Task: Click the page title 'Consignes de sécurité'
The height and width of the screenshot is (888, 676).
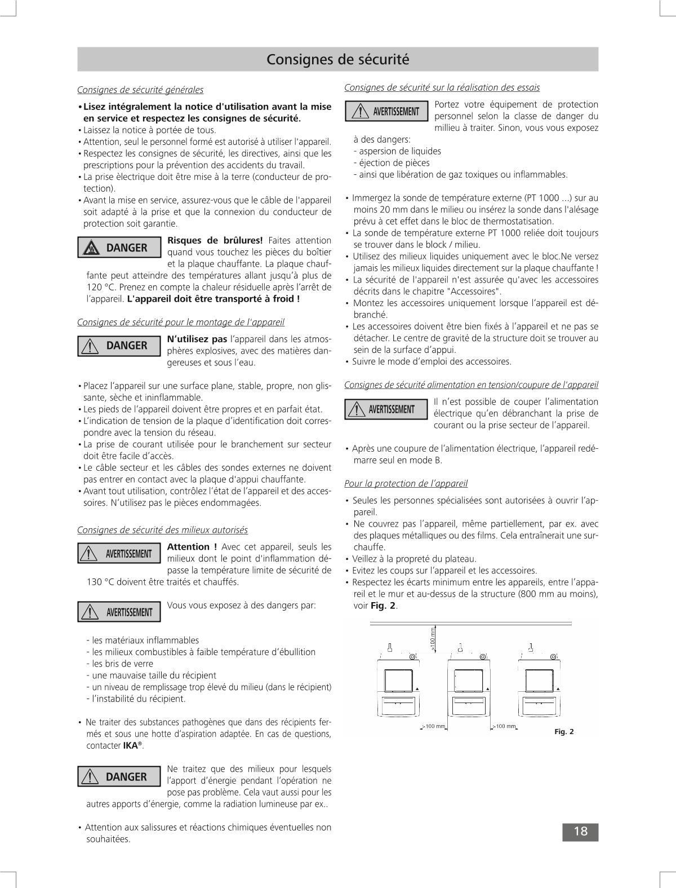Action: pyautogui.click(x=337, y=59)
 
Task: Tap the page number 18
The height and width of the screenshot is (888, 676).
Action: pyautogui.click(x=580, y=832)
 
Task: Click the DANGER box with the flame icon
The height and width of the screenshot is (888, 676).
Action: pyautogui.click(x=119, y=248)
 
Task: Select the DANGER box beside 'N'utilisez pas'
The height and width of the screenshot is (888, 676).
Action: pyautogui.click(x=119, y=346)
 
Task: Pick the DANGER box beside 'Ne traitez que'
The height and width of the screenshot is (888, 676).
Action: pyautogui.click(x=119, y=777)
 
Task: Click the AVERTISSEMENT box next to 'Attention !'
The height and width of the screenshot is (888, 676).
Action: pyautogui.click(x=119, y=554)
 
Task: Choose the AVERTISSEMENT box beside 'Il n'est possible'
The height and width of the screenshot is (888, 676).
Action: pyautogui.click(x=386, y=409)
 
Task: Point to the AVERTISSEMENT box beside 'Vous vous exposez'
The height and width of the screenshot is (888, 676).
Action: pyautogui.click(x=119, y=612)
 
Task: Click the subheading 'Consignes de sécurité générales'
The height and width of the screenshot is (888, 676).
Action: pyautogui.click(x=140, y=90)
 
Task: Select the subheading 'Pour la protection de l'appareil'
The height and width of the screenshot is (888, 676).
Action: pyautogui.click(x=406, y=483)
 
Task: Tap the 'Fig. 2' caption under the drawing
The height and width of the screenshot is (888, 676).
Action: pyautogui.click(x=563, y=732)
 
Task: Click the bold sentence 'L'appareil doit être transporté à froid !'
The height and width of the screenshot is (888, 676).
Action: pyautogui.click(x=214, y=299)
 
